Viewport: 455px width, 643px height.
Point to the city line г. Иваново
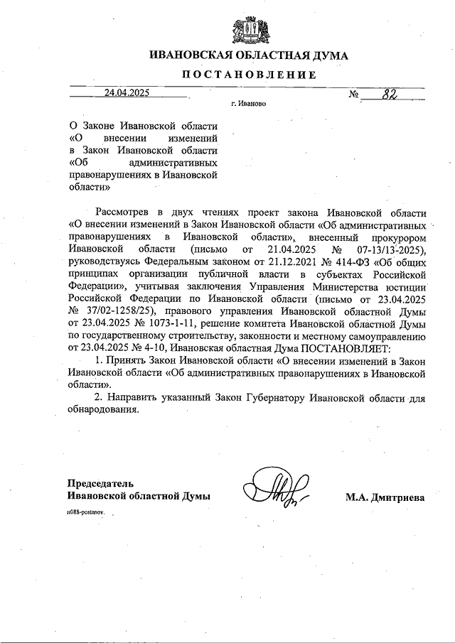[249, 104]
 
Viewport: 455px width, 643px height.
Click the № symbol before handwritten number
[354, 94]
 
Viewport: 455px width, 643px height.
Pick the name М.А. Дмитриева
[385, 497]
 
